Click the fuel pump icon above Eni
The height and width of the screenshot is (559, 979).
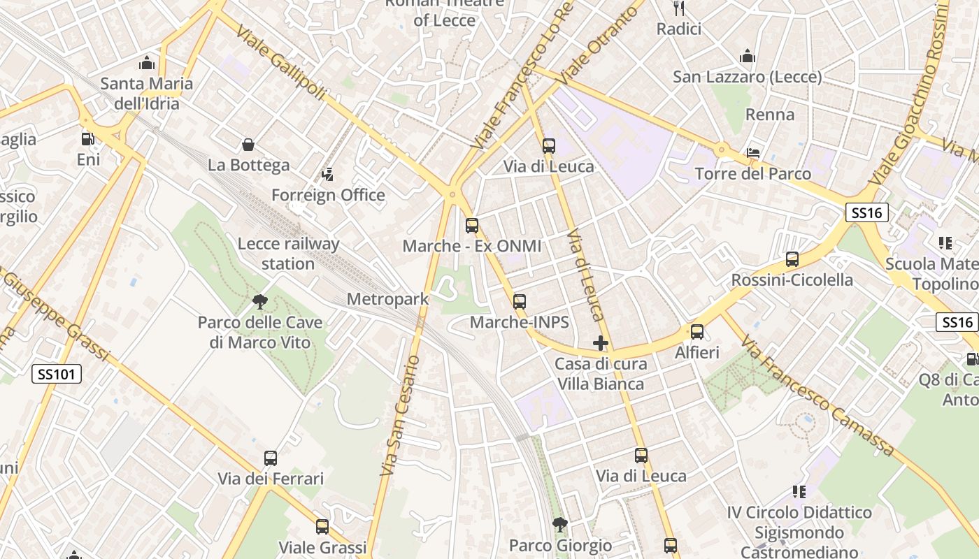point(87,139)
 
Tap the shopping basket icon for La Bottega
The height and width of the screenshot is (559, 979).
point(248,145)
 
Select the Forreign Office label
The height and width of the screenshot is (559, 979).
point(328,195)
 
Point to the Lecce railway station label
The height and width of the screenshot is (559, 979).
point(288,254)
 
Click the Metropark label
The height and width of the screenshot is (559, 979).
point(387,300)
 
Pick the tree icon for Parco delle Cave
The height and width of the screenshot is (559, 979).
point(260,302)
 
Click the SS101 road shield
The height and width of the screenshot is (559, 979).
point(57,375)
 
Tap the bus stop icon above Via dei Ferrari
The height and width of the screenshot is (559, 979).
point(271,458)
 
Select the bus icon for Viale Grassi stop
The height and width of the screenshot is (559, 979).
point(322,526)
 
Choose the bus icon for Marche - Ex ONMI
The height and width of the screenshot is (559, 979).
point(472,226)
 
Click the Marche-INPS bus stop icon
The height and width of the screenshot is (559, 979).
point(519,302)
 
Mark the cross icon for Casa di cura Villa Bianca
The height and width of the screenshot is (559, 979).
point(601,343)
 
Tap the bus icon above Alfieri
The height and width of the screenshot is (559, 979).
point(696,332)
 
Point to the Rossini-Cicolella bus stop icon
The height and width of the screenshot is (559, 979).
point(792,259)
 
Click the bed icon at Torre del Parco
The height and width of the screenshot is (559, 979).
point(753,152)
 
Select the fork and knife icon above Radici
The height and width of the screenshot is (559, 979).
point(678,8)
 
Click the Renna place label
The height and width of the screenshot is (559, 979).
point(770,115)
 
